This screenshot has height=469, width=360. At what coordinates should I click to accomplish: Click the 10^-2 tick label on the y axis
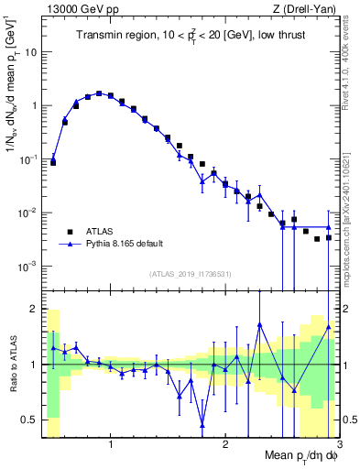coord(28,213)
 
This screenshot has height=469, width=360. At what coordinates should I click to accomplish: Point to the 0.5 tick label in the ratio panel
coord(29,420)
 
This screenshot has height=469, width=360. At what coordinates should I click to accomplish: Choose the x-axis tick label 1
coord(111,443)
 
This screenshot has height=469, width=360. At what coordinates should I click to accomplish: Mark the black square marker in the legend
coord(69,232)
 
